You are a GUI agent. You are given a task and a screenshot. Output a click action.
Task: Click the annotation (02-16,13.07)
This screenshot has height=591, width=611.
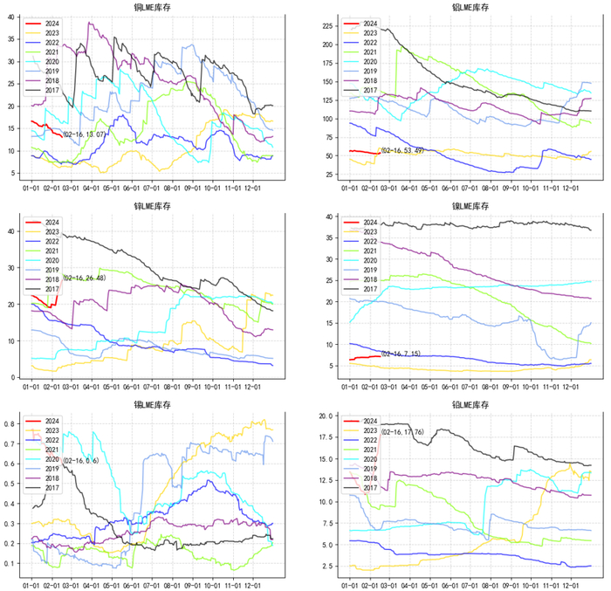[84, 134]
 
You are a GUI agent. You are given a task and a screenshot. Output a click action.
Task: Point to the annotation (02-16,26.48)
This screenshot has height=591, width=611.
[84, 278]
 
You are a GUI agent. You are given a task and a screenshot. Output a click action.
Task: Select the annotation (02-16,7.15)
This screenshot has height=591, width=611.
[402, 354]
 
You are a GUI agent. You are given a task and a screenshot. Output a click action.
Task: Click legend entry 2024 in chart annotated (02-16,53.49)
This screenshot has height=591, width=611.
[370, 24]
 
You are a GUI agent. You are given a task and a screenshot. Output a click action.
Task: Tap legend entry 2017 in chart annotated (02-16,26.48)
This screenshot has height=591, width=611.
[53, 289]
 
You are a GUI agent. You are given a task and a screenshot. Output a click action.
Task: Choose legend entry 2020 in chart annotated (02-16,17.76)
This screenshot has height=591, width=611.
[370, 460]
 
